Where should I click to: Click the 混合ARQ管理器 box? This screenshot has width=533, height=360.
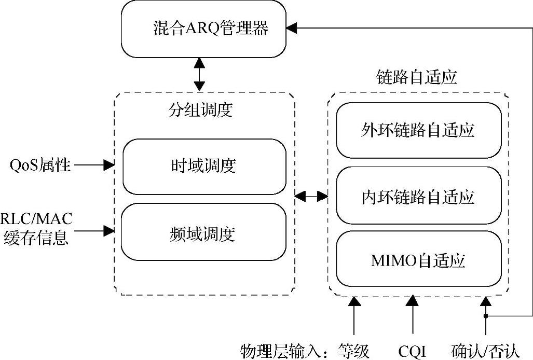click(203, 29)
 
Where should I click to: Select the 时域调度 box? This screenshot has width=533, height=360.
click(203, 167)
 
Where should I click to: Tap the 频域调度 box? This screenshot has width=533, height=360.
click(203, 234)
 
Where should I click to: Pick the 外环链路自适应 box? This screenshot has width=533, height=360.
click(418, 130)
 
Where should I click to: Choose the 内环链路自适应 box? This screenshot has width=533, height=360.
click(418, 197)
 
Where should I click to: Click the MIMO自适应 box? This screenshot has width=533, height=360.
click(418, 260)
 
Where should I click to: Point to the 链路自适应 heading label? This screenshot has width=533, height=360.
click(416, 78)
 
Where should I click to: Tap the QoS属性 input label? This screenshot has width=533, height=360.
click(40, 166)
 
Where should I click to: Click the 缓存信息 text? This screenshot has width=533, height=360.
click(36, 238)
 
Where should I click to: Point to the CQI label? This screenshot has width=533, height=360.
click(413, 351)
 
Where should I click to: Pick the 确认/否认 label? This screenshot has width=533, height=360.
click(485, 351)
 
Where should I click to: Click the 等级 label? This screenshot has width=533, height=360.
click(354, 351)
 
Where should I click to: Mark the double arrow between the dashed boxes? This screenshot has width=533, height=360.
click(311, 196)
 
